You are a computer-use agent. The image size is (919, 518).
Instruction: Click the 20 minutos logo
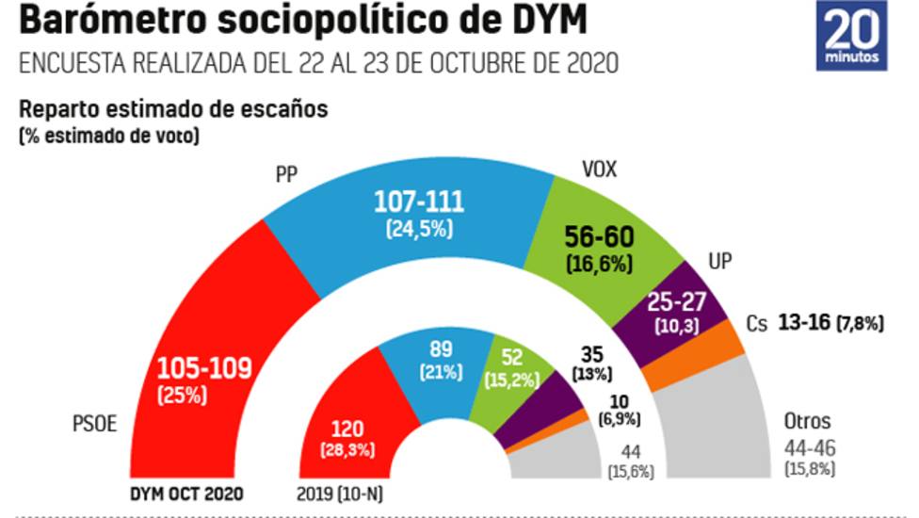coord(853,38)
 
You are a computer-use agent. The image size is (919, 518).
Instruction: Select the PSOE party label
coord(93,423)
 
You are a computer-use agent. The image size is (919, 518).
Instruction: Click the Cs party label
coord(758,323)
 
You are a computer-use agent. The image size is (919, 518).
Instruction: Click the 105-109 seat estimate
coord(204,367)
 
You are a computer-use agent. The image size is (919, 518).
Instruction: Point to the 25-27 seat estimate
coord(676,303)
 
